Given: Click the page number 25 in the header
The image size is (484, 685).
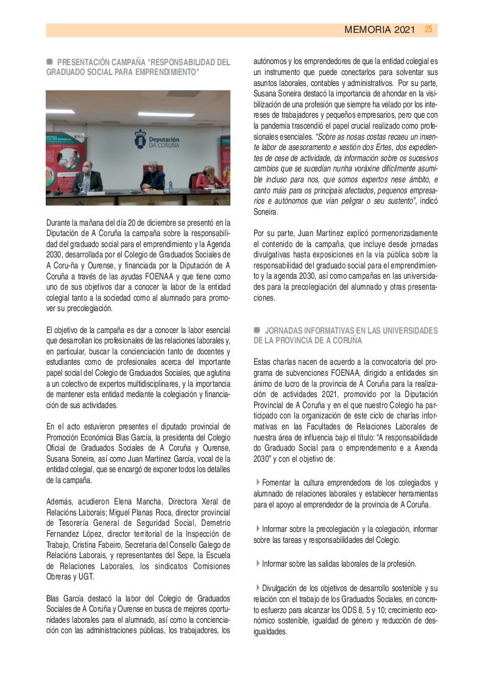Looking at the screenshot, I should [x=429, y=29].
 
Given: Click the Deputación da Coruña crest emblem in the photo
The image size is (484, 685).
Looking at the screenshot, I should [x=140, y=137].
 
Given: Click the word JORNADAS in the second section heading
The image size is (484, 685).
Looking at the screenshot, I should [x=283, y=331].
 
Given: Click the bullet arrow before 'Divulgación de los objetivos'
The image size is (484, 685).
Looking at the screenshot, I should [x=258, y=589].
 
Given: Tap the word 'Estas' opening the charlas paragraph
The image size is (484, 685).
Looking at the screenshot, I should [x=263, y=362].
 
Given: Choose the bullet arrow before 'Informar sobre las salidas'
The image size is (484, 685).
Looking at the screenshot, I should [x=258, y=564].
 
